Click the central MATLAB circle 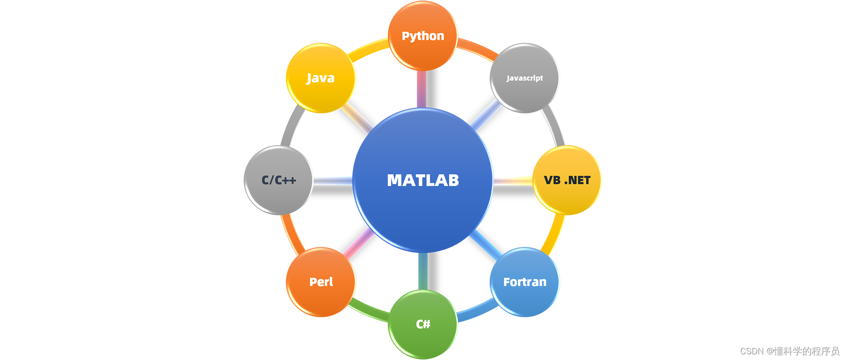click(423, 180)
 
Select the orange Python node click(423, 36)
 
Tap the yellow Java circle click(320, 78)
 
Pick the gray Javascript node click(524, 78)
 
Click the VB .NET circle click(567, 180)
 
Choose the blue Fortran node click(524, 282)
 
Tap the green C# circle click(423, 324)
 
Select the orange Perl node click(320, 282)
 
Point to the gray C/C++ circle click(279, 180)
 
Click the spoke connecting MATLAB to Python click(422, 89)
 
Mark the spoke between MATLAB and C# click(423, 271)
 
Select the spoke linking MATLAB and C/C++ click(332, 181)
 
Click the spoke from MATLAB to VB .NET click(512, 181)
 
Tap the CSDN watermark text click(790, 351)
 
